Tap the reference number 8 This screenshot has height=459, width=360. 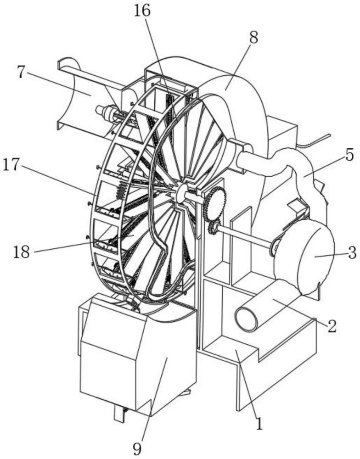tap(253, 38)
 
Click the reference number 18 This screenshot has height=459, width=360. tap(22, 252)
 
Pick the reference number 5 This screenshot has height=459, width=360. tap(349, 156)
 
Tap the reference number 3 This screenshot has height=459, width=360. tap(352, 253)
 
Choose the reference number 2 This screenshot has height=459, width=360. tap(332, 326)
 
